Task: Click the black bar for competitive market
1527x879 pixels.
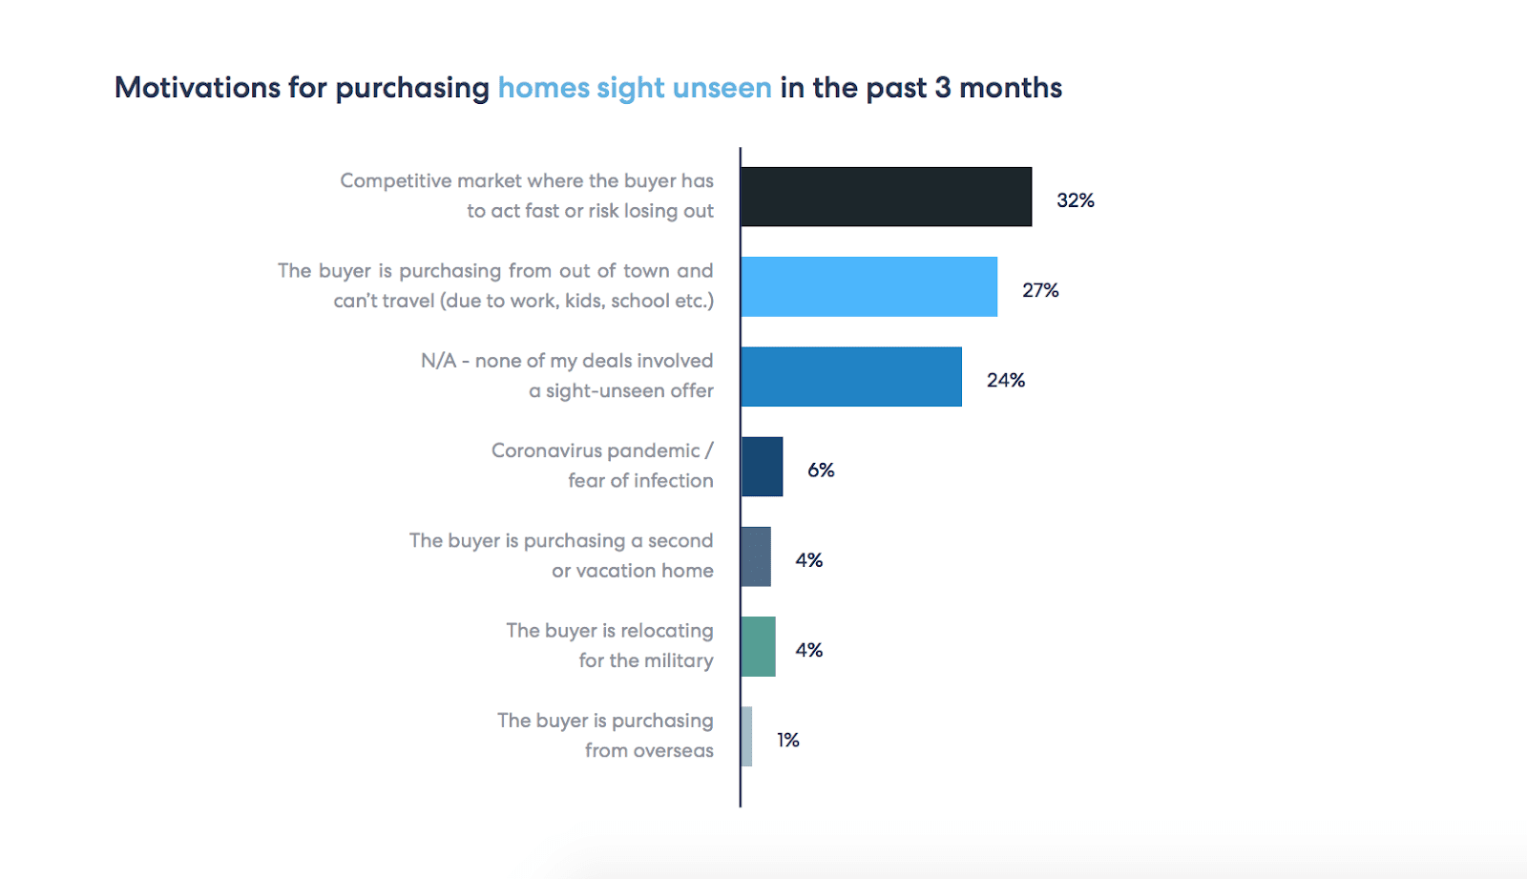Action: click(886, 197)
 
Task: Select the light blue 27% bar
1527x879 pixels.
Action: click(868, 286)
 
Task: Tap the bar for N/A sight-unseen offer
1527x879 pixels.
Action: click(851, 376)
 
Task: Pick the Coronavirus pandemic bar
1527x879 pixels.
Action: click(762, 467)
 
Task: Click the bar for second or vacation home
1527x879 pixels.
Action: click(756, 556)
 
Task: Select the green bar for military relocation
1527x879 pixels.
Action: click(758, 646)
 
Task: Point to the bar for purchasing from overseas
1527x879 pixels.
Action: click(746, 736)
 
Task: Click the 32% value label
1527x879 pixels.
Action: click(1075, 200)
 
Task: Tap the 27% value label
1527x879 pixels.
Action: click(1040, 290)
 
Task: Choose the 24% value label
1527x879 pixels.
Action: click(1005, 380)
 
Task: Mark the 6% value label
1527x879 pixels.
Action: click(821, 470)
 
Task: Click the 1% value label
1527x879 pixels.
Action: click(787, 740)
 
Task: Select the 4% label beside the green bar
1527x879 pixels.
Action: click(808, 650)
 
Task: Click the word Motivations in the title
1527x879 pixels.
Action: click(198, 88)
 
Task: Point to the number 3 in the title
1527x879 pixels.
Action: click(942, 88)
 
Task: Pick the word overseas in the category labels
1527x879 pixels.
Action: click(675, 750)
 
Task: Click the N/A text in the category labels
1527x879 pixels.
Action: click(438, 361)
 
